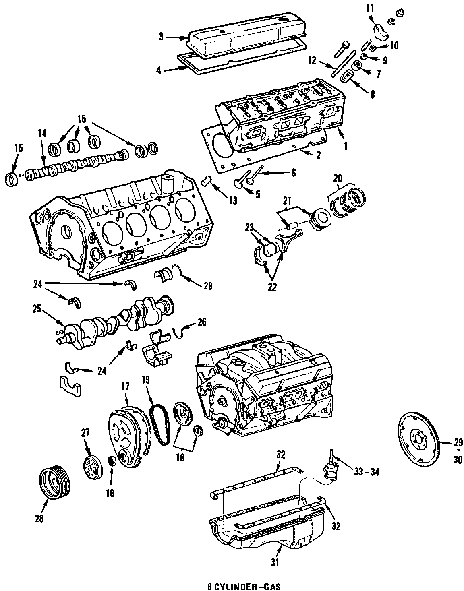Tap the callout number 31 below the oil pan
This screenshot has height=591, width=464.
tap(275, 562)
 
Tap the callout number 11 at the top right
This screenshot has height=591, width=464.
tap(370, 7)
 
